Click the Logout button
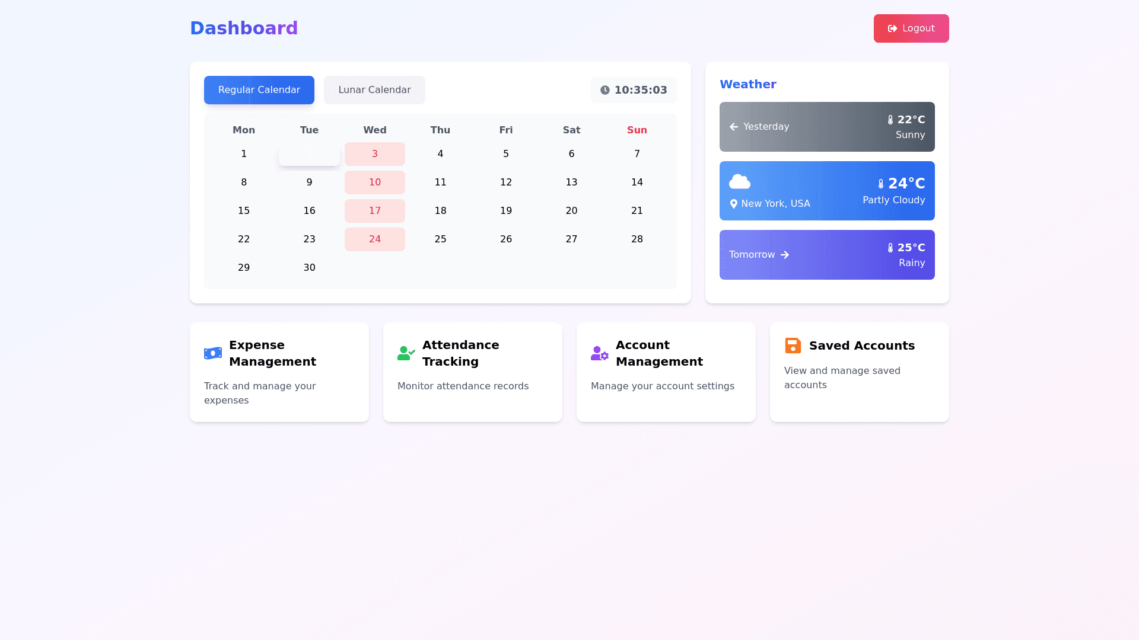point(911,28)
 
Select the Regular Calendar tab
point(259,90)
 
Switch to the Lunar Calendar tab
point(374,90)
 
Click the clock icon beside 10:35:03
point(605,90)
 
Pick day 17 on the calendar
point(375,211)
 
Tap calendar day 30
point(309,268)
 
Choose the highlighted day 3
point(375,154)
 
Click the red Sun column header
point(637,130)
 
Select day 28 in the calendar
point(637,239)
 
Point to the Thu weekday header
point(440,130)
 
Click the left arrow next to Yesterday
point(734,127)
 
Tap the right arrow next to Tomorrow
point(785,255)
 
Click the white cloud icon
point(740,181)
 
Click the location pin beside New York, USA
point(734,204)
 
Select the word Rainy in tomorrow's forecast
point(912,263)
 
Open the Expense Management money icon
point(213,353)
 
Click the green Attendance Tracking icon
point(406,353)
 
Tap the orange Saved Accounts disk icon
point(793,345)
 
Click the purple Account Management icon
point(600,353)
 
